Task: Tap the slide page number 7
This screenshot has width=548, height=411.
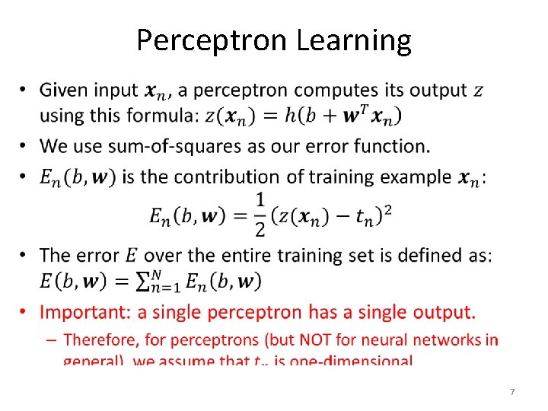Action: coord(512,392)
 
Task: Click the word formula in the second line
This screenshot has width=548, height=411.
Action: coord(161,116)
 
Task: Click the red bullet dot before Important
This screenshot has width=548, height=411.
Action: coord(24,312)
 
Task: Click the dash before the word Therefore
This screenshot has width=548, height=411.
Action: coord(55,339)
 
